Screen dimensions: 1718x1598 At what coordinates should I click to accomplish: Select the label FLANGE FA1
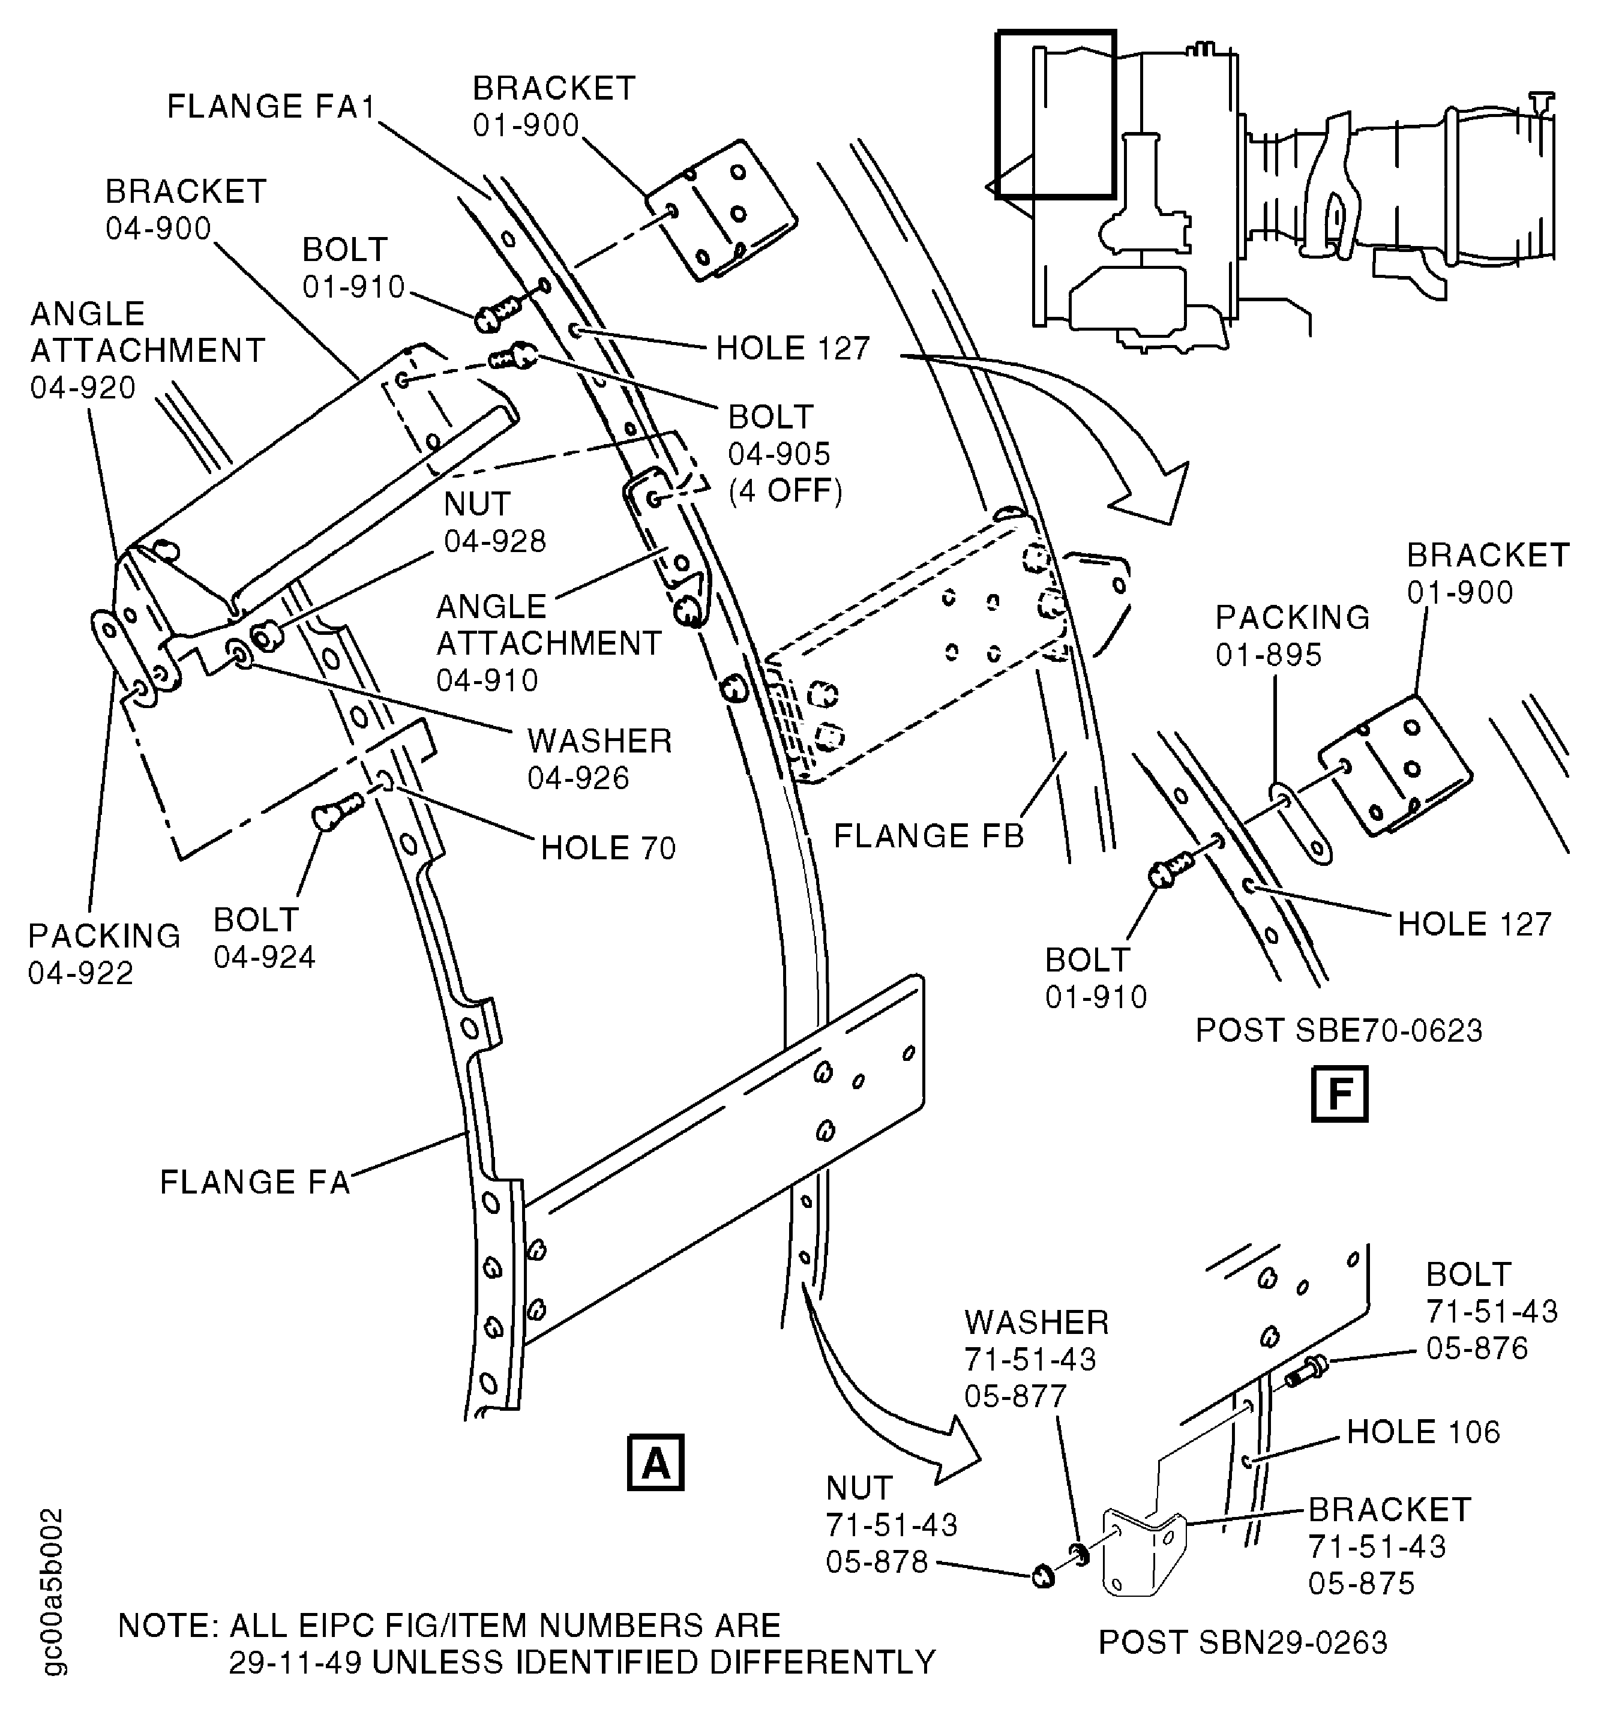[x=271, y=106]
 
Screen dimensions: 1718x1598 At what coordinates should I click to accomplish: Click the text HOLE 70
[x=607, y=848]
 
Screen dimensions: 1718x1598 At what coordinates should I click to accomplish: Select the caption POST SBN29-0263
[x=1242, y=1642]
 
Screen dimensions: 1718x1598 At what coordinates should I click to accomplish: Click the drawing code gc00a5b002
[x=53, y=1603]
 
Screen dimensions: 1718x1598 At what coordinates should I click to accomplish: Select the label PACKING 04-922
[x=104, y=954]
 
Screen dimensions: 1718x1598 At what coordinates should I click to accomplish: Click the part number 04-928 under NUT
[x=494, y=541]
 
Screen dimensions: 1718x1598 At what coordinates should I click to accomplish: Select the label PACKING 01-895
[x=1291, y=635]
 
